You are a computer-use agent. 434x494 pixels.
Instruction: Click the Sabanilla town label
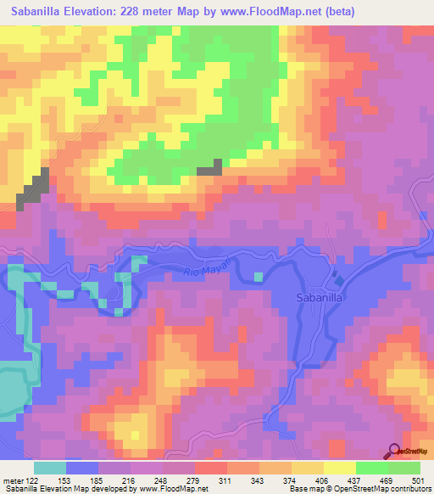(319, 298)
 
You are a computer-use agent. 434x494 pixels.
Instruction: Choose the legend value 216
(130, 480)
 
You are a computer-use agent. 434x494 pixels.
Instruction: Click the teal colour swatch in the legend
(50, 467)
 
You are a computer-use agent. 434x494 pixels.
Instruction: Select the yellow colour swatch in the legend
(340, 467)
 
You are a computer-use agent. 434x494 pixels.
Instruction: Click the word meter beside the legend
(12, 480)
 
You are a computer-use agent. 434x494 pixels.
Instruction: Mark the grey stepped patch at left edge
(32, 188)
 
